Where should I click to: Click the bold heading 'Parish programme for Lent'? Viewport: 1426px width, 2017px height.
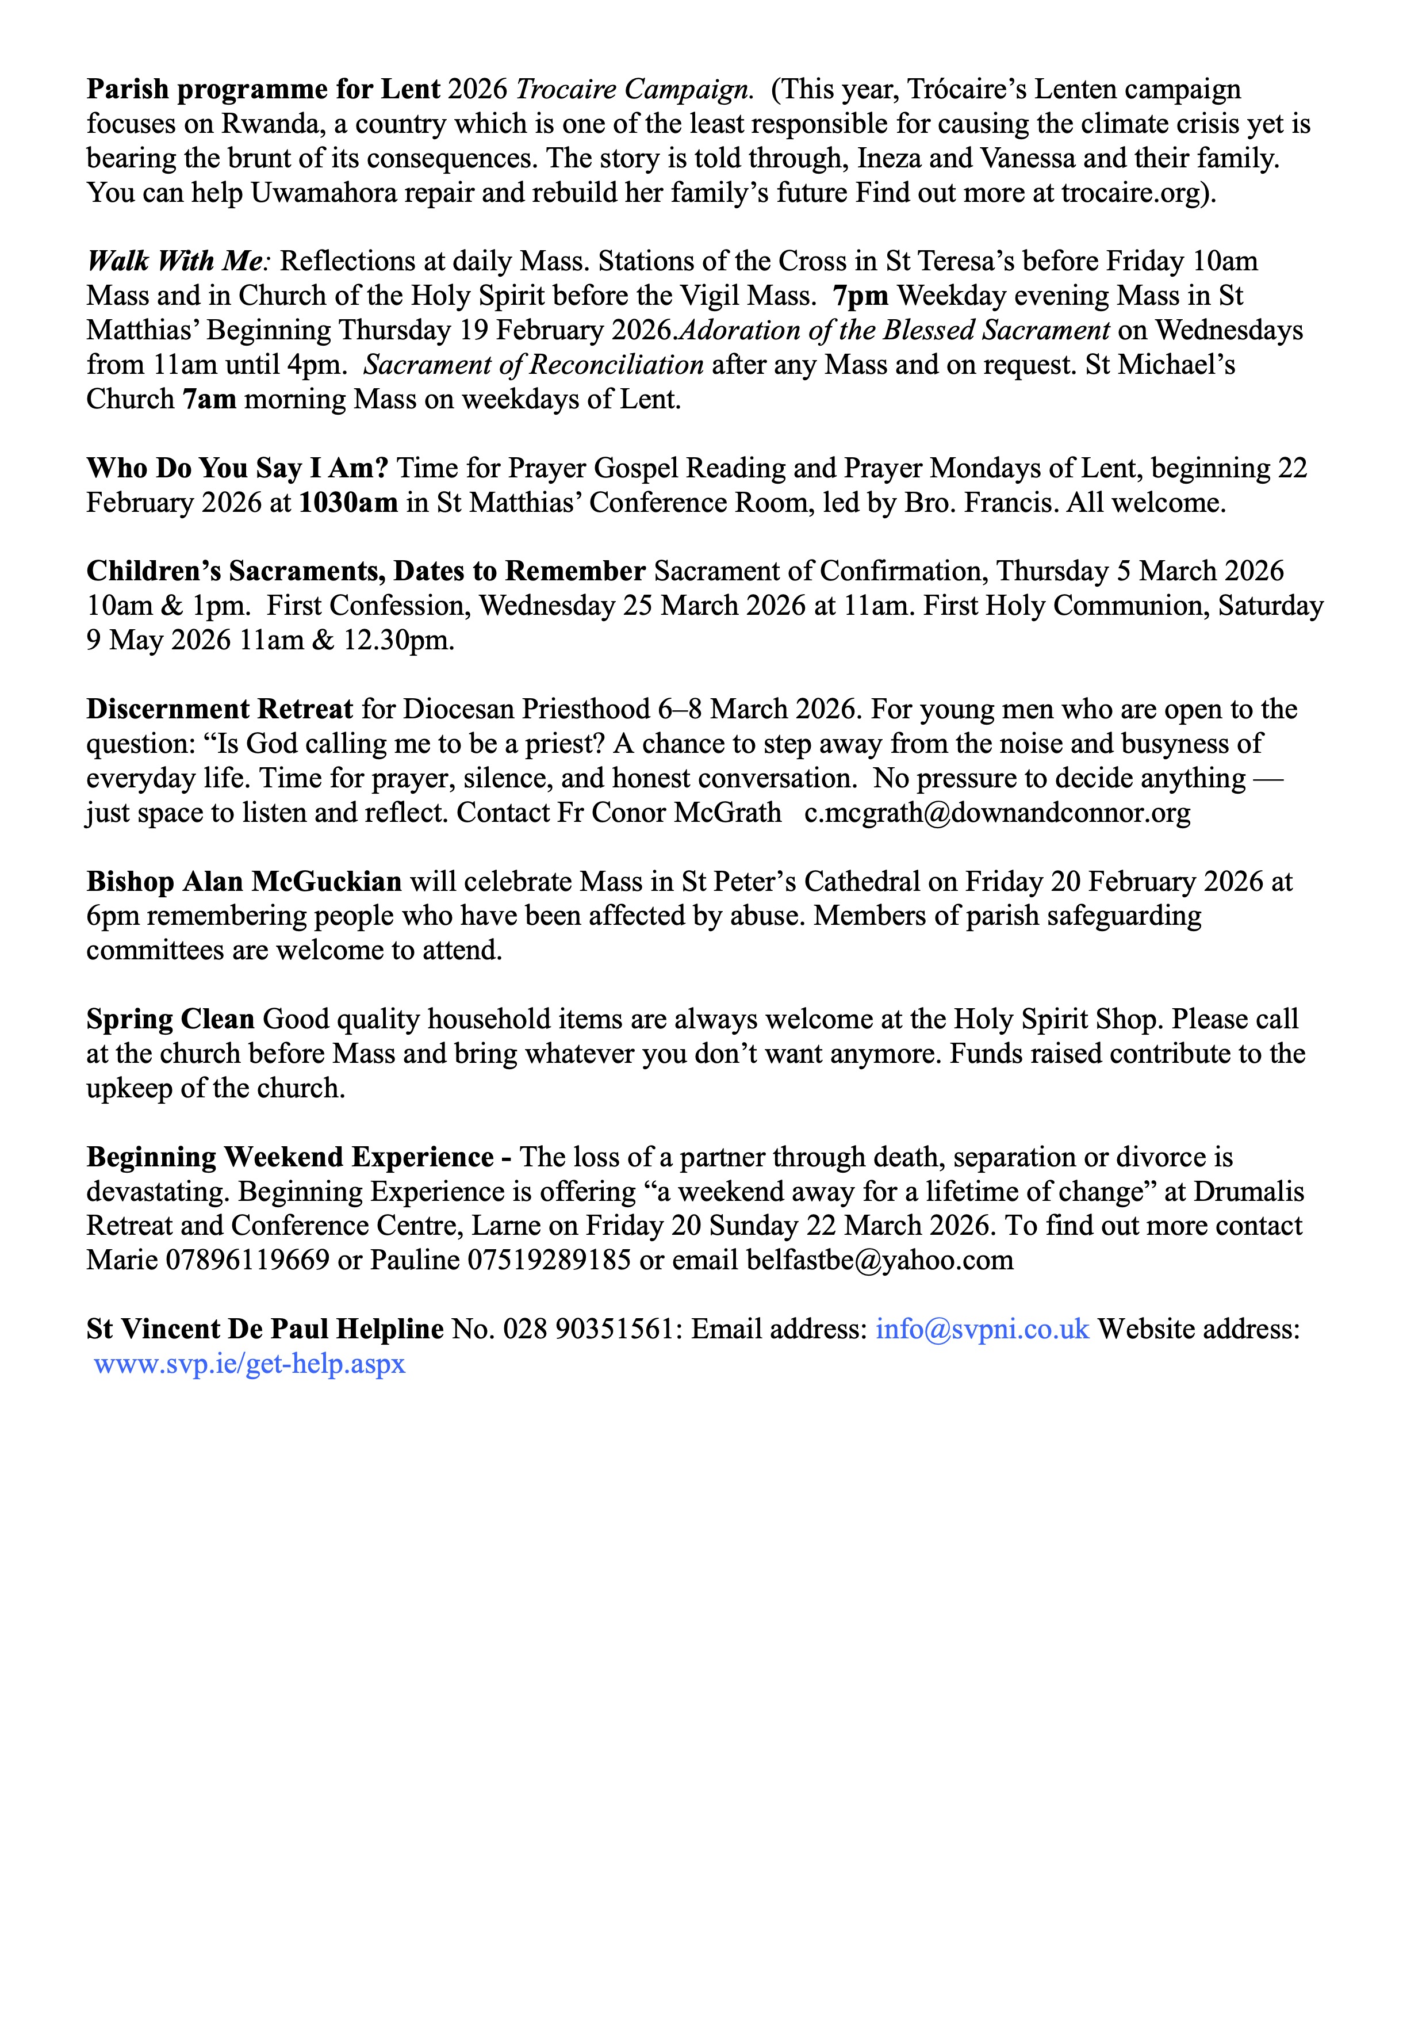263,90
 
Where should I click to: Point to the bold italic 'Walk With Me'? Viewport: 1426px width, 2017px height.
175,261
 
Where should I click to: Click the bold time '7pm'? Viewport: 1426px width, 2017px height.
861,296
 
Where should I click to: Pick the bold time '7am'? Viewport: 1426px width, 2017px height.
209,400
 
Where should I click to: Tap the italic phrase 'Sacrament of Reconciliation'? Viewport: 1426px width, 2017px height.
534,365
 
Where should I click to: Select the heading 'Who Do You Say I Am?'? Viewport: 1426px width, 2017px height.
237,468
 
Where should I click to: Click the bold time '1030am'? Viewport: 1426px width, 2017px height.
348,503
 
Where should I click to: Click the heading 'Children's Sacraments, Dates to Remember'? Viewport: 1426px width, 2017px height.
365,571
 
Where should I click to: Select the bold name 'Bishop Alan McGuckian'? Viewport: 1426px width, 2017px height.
243,881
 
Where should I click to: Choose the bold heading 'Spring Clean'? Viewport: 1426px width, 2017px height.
170,1019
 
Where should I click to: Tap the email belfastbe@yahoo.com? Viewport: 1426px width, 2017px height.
880,1260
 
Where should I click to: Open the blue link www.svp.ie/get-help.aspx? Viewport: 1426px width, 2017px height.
250,1364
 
